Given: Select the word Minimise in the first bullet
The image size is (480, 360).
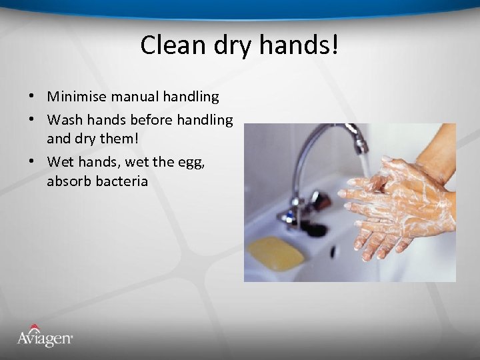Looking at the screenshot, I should click(77, 97).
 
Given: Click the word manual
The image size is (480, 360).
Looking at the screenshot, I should click(135, 97).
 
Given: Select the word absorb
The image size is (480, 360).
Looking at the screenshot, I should click(69, 181).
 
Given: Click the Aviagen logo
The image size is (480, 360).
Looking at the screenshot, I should click(45, 336).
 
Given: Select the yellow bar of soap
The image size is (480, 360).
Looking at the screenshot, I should click(276, 253).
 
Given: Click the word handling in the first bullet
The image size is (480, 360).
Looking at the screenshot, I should click(191, 97).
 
